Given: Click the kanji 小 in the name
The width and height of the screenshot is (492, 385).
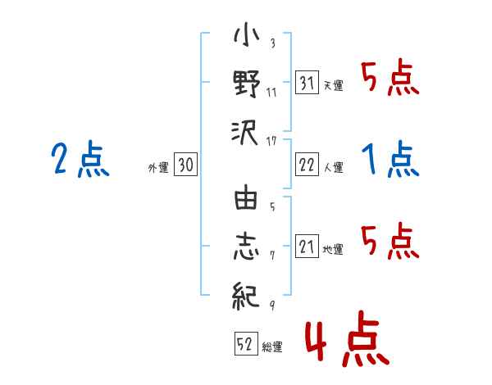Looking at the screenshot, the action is [247, 34].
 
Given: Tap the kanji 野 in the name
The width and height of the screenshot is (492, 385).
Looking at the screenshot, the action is [247, 83].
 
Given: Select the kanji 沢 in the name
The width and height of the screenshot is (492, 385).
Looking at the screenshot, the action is [245, 133].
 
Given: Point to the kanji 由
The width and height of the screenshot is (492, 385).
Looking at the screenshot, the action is [246, 197].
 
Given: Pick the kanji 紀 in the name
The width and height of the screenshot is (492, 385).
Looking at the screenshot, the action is [246, 296].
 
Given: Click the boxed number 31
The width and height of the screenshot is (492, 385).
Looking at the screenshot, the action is [307, 83].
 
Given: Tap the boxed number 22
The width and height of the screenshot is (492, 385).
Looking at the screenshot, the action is [307, 165].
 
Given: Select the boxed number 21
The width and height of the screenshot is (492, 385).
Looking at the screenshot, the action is [307, 246].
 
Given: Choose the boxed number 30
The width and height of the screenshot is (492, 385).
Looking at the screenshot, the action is [185, 165].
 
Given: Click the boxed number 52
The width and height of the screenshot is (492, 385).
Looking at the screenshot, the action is [246, 343].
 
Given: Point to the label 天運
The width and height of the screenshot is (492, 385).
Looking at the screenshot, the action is [334, 85].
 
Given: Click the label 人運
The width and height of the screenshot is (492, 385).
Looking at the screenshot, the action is [334, 167].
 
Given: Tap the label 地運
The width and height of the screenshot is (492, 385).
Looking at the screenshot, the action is [333, 249].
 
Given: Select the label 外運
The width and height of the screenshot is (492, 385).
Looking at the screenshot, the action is [158, 167].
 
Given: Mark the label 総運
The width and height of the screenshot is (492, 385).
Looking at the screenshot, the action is [272, 346].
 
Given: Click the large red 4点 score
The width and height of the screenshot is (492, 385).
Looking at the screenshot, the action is [347, 338].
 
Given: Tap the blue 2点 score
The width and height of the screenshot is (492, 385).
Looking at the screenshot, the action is [80, 159].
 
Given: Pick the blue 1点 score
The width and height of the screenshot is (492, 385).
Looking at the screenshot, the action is [390, 159].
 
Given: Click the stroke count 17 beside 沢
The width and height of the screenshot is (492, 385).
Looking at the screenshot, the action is [271, 142].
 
